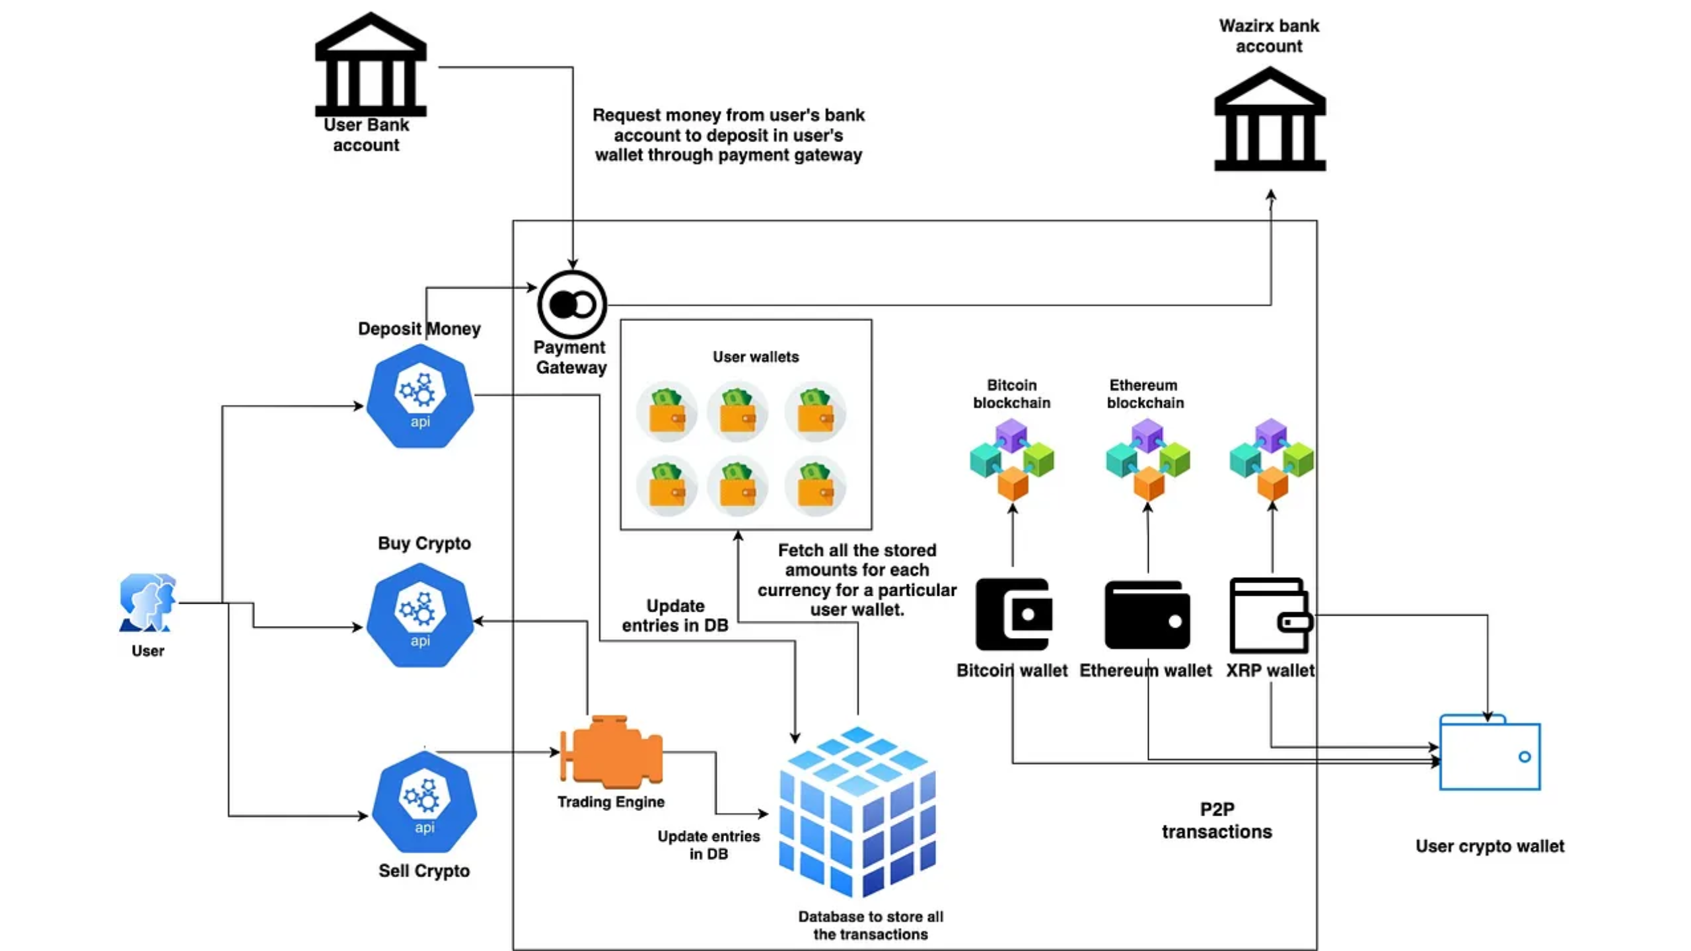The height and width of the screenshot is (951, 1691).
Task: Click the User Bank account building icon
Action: coord(371,64)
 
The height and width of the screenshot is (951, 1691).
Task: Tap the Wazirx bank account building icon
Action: coord(1270,119)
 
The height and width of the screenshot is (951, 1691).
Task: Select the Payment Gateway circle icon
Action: coord(572,304)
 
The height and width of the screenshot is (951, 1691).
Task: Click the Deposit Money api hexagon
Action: coord(420,396)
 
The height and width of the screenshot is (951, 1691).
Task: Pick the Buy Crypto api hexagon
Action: coord(420,616)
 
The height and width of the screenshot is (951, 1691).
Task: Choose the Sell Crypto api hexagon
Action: coord(425,802)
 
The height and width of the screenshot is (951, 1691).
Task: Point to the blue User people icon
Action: coord(148,602)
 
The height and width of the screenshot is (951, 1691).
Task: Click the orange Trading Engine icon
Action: coord(611,752)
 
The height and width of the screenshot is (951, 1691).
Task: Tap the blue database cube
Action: coord(857,812)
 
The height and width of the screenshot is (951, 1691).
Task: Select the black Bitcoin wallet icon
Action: coord(1014,614)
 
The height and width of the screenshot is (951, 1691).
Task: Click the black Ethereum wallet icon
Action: coord(1147,615)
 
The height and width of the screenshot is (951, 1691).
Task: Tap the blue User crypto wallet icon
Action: coord(1490,752)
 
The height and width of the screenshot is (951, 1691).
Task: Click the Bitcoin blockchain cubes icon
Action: coord(1012,460)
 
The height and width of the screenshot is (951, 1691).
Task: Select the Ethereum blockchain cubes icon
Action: coord(1148,460)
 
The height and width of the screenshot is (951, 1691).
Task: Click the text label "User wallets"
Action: coord(756,357)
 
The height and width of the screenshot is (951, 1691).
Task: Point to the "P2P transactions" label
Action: coord(1217,820)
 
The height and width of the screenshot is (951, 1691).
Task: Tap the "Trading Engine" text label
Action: coord(611,802)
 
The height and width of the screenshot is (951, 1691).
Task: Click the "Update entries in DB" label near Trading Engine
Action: coord(709,845)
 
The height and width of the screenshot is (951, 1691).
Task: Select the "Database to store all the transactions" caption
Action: coord(871,925)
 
